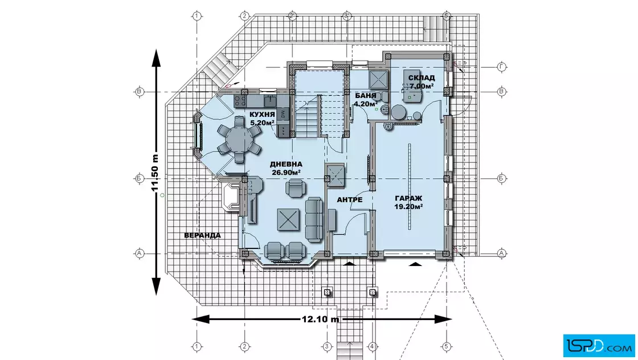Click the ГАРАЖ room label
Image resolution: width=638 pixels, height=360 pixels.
pyautogui.click(x=408, y=198)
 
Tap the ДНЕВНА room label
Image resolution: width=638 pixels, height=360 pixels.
pyautogui.click(x=286, y=165)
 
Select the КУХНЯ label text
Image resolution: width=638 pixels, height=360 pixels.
pyautogui.click(x=262, y=114)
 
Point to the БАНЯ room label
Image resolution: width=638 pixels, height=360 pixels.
pyautogui.click(x=365, y=96)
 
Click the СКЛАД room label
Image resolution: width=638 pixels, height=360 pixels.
pyautogui.click(x=422, y=77)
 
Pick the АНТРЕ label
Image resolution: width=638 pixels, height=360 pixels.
pyautogui.click(x=350, y=200)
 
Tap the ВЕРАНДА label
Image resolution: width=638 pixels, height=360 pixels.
pyautogui.click(x=203, y=235)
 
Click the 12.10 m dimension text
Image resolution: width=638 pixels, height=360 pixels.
pyautogui.click(x=320, y=320)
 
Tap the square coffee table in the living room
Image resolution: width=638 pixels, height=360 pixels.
pyautogui.click(x=288, y=220)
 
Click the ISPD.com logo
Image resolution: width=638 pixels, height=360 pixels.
pyautogui.click(x=599, y=346)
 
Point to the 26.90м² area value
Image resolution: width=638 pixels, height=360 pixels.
pyautogui.click(x=286, y=173)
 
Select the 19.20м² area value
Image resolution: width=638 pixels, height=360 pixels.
pyautogui.click(x=408, y=207)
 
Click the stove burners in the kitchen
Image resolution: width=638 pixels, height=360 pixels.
pyautogui.click(x=240, y=101)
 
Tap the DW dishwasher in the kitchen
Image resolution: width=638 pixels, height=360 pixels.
pyautogui.click(x=283, y=114)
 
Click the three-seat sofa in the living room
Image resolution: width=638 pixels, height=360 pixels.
pyautogui.click(x=314, y=220)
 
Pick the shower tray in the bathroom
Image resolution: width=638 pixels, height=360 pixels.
pyautogui.click(x=378, y=79)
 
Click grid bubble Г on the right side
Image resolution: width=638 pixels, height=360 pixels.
pyautogui.click(x=501, y=67)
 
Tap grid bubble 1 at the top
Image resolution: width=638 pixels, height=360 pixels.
pyautogui.click(x=197, y=17)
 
